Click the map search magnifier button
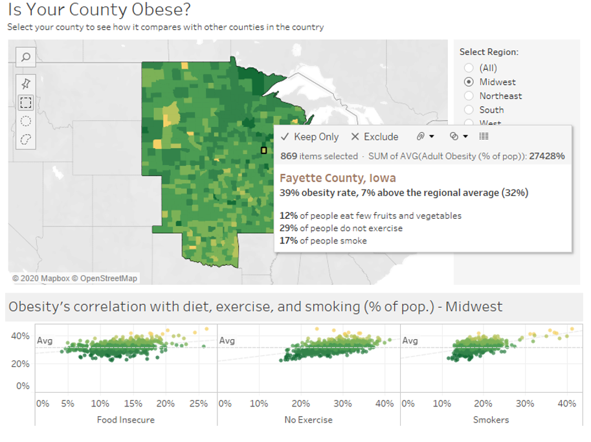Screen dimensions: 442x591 [x=26, y=57]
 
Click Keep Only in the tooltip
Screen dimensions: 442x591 [x=310, y=137]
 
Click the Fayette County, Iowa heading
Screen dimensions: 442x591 [x=337, y=178]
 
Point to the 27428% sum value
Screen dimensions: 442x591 [x=546, y=156]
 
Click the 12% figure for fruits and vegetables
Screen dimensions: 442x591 [x=288, y=215]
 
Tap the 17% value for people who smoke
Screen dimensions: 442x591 [x=288, y=241]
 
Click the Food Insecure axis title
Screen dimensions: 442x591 [x=126, y=419]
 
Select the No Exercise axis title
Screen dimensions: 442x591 [x=308, y=419]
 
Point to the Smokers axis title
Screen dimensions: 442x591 [x=491, y=419]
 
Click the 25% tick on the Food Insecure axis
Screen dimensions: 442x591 [x=198, y=403]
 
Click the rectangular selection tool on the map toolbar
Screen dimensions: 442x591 [x=26, y=102]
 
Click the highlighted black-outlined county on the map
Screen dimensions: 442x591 [x=263, y=150]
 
